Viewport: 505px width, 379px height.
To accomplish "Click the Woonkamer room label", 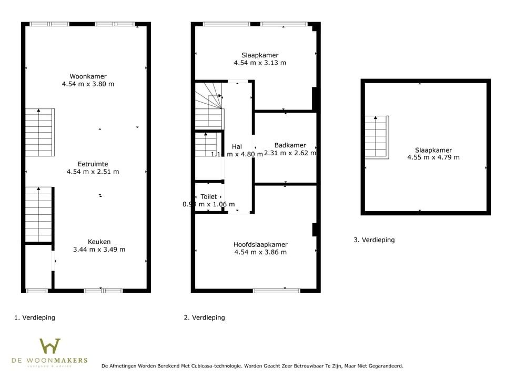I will pyautogui.click(x=88, y=76).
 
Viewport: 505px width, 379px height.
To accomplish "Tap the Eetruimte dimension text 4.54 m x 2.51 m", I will pyautogui.click(x=93, y=172).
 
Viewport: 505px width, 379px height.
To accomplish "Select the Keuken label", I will pyautogui.click(x=99, y=242).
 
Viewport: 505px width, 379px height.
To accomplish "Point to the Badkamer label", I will pyautogui.click(x=290, y=146).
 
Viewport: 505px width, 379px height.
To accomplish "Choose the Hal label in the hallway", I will pyautogui.click(x=237, y=147).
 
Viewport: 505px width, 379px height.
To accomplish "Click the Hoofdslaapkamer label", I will pyautogui.click(x=260, y=245).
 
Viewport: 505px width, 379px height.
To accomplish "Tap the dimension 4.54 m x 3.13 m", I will pyautogui.click(x=260, y=63).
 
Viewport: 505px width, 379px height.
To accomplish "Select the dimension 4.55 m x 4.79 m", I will pyautogui.click(x=433, y=157).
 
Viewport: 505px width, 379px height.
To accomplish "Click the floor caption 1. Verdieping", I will pyautogui.click(x=34, y=317).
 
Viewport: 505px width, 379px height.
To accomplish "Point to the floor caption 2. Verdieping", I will pyautogui.click(x=204, y=317).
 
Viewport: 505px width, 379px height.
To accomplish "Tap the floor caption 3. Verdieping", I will pyautogui.click(x=374, y=240).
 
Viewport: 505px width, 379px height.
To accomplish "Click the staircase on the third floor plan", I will pyautogui.click(x=377, y=137).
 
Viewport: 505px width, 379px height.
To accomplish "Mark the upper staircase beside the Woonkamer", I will pyautogui.click(x=39, y=133).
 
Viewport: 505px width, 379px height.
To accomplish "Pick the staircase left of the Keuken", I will pyautogui.click(x=38, y=214).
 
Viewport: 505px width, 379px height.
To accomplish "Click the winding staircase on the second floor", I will pyautogui.click(x=208, y=105).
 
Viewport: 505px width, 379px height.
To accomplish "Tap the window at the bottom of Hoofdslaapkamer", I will pyautogui.click(x=276, y=290).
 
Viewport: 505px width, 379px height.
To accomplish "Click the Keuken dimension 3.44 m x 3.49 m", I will pyautogui.click(x=99, y=250).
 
